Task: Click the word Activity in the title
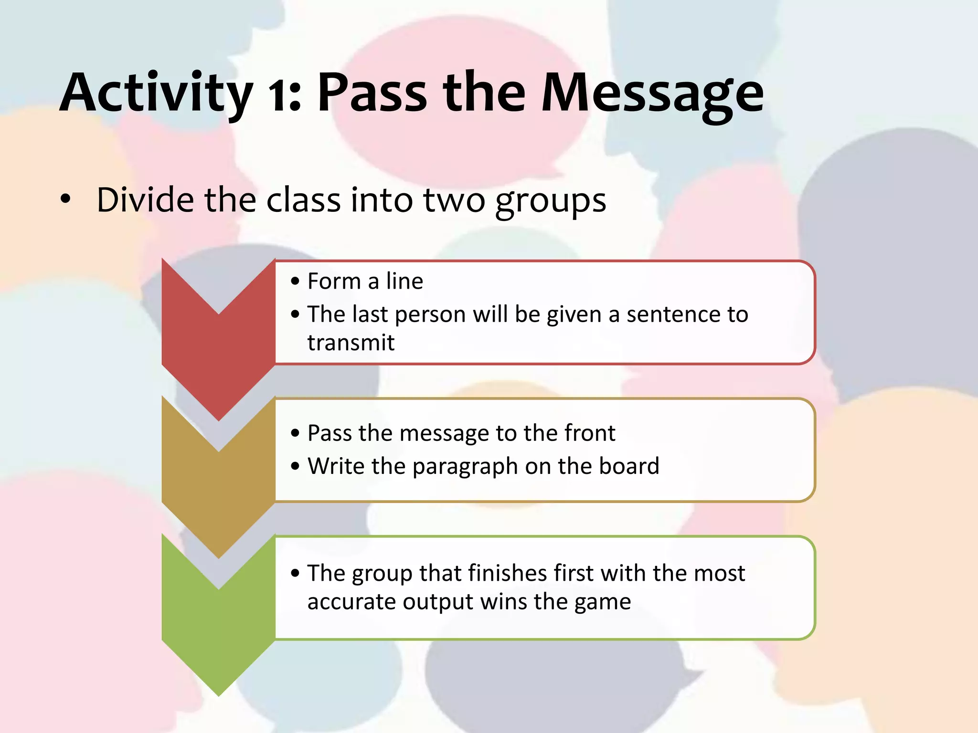[x=155, y=93]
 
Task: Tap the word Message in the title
[x=652, y=93]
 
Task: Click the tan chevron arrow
[x=218, y=492]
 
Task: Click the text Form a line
[x=365, y=281]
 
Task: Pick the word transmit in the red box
[x=351, y=343]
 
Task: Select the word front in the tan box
[x=590, y=433]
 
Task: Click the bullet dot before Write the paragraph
[x=295, y=466]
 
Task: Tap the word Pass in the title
[x=372, y=93]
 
